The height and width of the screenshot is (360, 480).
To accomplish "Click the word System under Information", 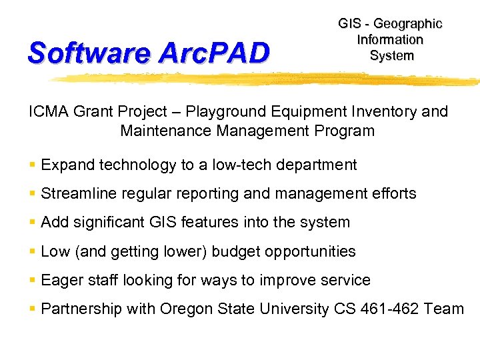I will coord(391,55).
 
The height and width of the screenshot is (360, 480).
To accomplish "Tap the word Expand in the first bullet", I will coord(65,165).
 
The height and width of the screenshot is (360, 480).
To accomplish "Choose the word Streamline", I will coord(76,194).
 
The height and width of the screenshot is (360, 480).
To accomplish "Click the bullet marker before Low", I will coord(33,251).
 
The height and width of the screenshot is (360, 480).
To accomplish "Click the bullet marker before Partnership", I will coord(33,309).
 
